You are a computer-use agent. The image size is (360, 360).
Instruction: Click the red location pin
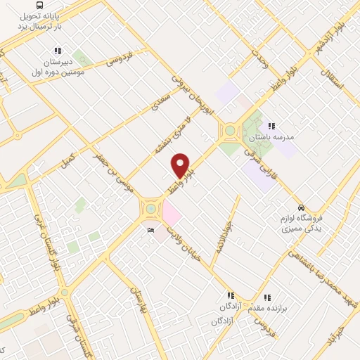point(181,165)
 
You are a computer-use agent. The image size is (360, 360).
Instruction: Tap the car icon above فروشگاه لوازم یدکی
point(301,207)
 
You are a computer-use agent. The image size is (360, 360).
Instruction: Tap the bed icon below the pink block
point(149,231)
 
